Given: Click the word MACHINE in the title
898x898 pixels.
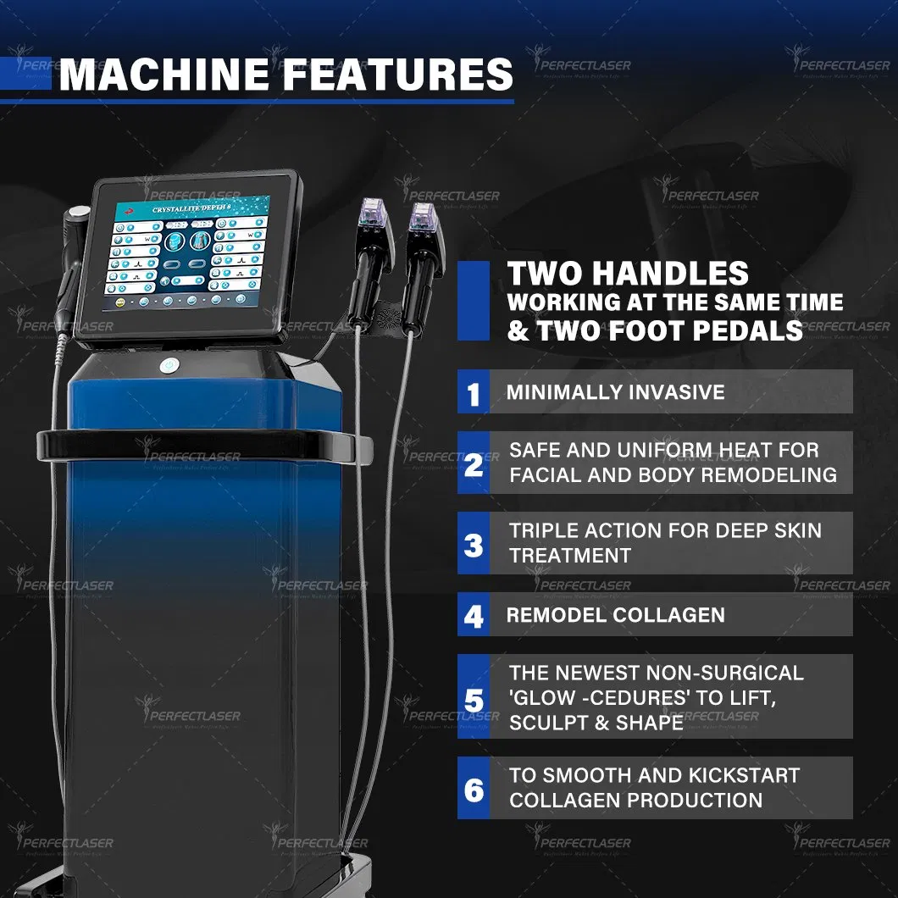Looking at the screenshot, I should pyautogui.click(x=165, y=74).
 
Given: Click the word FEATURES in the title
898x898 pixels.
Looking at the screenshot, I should pyautogui.click(x=397, y=74).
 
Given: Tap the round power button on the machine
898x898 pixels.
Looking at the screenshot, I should pyautogui.click(x=170, y=366).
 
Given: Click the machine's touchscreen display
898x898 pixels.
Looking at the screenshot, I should pyautogui.click(x=187, y=245).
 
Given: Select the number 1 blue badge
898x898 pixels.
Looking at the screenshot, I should pyautogui.click(x=474, y=393).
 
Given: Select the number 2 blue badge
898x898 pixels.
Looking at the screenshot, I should pyautogui.click(x=474, y=463).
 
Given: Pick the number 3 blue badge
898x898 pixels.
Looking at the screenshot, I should pyautogui.click(x=474, y=543).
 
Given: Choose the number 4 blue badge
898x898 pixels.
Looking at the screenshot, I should pyautogui.click(x=474, y=615).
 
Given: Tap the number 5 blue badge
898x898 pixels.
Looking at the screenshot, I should pyautogui.click(x=474, y=697).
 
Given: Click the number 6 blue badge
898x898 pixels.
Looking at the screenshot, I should pyautogui.click(x=474, y=788).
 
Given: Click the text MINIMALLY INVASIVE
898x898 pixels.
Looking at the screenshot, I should pyautogui.click(x=615, y=392).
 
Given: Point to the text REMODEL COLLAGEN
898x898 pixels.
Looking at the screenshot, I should pyautogui.click(x=615, y=615).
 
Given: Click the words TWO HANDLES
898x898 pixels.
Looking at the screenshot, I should pyautogui.click(x=628, y=274).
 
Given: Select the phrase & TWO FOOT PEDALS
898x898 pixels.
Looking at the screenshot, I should pyautogui.click(x=654, y=330).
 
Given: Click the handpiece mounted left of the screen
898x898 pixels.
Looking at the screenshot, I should pyautogui.click(x=72, y=254).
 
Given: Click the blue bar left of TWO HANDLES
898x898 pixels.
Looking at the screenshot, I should pyautogui.click(x=473, y=301).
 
